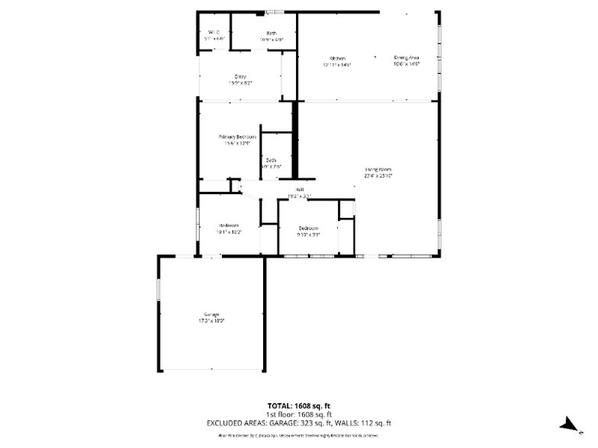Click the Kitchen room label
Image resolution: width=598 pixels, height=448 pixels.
(x=337, y=59)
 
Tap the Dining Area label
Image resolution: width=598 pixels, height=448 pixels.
(x=407, y=58)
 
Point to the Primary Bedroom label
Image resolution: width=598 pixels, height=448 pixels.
(x=237, y=137)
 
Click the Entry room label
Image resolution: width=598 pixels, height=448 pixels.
(x=240, y=77)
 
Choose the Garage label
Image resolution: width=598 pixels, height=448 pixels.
(x=211, y=315)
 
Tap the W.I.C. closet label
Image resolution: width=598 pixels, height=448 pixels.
(x=214, y=32)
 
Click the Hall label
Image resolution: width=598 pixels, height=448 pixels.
(x=301, y=190)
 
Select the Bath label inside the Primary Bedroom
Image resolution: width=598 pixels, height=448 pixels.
(x=271, y=160)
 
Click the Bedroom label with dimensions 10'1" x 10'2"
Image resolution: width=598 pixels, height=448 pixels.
(x=230, y=226)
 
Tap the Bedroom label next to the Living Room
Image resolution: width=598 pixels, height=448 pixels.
(x=308, y=229)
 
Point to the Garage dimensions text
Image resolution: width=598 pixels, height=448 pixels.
(x=211, y=322)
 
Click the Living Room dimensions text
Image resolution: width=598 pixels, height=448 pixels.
(x=378, y=176)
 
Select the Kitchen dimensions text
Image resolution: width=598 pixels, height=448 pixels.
(x=337, y=65)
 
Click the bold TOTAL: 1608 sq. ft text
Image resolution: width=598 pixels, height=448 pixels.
(x=298, y=405)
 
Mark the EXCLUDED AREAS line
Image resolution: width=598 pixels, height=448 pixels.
(x=298, y=423)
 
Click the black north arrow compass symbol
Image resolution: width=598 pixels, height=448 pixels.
(x=567, y=425)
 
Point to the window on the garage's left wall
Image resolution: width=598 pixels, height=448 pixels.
(x=159, y=292)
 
